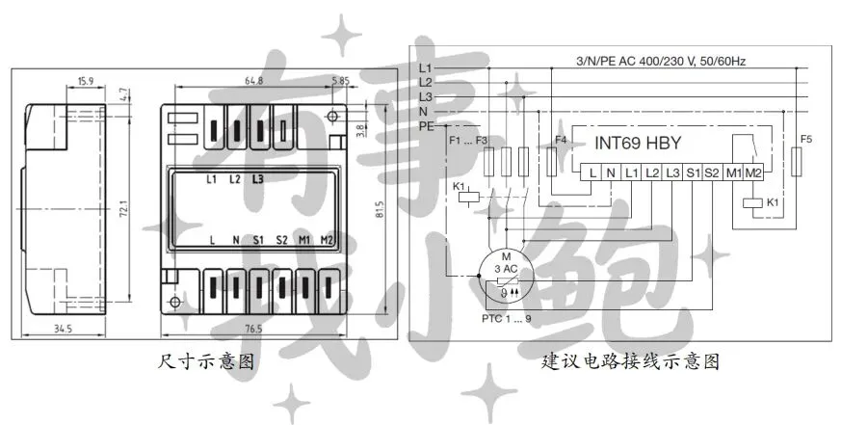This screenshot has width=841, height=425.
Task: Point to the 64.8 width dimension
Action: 253,82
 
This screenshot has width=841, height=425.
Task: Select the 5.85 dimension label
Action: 340,82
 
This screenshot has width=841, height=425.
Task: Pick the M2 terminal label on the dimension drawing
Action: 328,240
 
